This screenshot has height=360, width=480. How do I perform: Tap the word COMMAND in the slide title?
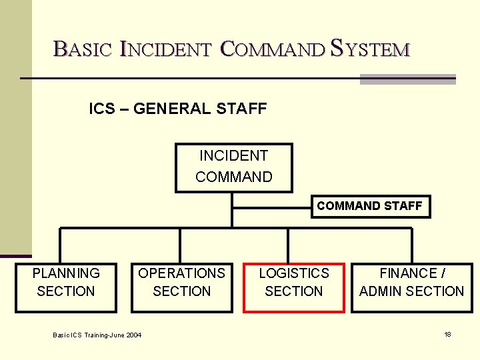(x=271, y=49)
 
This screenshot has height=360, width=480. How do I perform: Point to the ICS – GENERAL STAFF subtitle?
(x=178, y=109)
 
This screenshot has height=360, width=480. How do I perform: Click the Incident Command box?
(x=233, y=167)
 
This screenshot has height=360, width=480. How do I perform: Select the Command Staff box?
(x=369, y=206)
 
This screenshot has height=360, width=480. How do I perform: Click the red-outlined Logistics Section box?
(x=293, y=287)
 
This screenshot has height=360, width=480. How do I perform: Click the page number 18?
(x=447, y=334)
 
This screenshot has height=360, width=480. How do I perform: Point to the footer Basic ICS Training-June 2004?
(x=97, y=335)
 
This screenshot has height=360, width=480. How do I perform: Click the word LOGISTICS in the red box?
(x=293, y=273)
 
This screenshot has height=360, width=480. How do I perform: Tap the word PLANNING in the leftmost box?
(x=66, y=273)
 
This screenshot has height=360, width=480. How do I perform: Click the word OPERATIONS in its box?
(x=181, y=273)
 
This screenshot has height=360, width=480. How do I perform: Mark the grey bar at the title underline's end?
(x=407, y=79)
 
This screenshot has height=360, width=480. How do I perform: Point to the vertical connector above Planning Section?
(x=61, y=245)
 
